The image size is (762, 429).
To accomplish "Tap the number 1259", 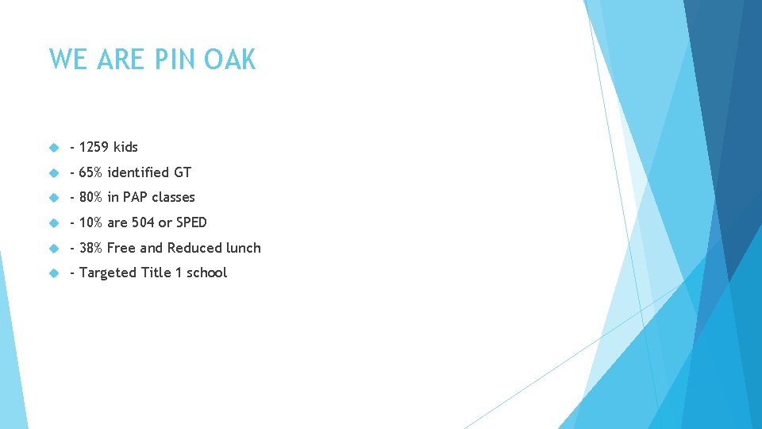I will coord(94,147).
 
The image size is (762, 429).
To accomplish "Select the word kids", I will coord(125,147).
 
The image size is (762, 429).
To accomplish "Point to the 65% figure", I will coord(91,172).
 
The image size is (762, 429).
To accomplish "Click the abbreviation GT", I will coord(183,172).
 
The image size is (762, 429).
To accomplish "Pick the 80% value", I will coord(91,197).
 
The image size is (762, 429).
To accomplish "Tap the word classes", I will coord(173,197).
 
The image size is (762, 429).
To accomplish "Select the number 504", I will coord(143,222).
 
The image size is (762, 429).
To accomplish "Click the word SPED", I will coord(191,222).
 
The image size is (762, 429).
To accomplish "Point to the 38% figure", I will coord(91,248).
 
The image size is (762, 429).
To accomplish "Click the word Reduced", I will coord(193,248).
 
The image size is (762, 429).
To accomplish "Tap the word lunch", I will coord(243,248).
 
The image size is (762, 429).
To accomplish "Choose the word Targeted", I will coord(108,272).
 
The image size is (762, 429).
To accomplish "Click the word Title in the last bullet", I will coord(156,272).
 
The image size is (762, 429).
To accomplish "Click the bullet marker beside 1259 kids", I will coord(54,148).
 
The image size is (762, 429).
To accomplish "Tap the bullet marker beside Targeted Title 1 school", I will coord(54,273).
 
